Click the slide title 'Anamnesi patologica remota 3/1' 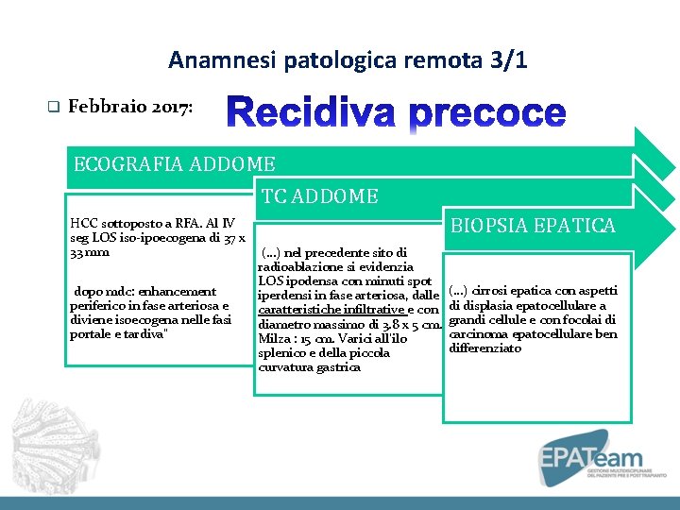click(x=348, y=61)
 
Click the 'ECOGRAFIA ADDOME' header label click(x=174, y=164)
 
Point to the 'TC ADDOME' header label click(x=319, y=196)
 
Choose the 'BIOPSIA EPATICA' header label click(x=533, y=225)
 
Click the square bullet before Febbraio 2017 click(x=53, y=108)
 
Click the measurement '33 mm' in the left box click(x=90, y=251)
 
